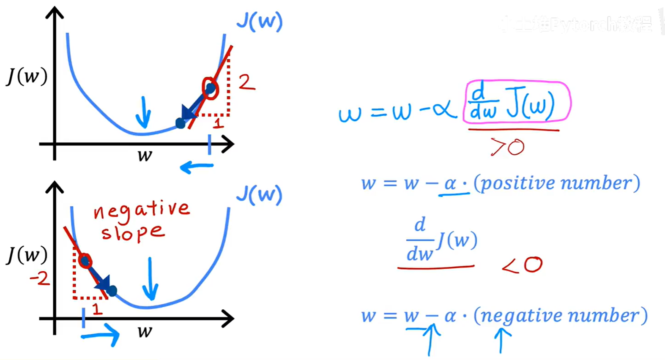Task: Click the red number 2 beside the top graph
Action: coord(246,82)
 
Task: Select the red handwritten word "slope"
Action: coord(132,232)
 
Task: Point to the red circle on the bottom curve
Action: coord(85,261)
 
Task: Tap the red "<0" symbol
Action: coord(522,265)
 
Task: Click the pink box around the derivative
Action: coord(517,102)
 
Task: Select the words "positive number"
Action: coord(556,183)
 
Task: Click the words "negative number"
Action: coord(560,316)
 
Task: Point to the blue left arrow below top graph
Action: coord(197,167)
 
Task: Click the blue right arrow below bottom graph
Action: coord(101,335)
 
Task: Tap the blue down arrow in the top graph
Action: coord(144,112)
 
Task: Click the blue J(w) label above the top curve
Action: coord(259,22)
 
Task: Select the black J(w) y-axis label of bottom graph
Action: coord(27,255)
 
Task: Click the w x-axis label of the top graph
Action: coord(145,155)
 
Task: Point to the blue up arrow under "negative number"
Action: coord(501,340)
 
